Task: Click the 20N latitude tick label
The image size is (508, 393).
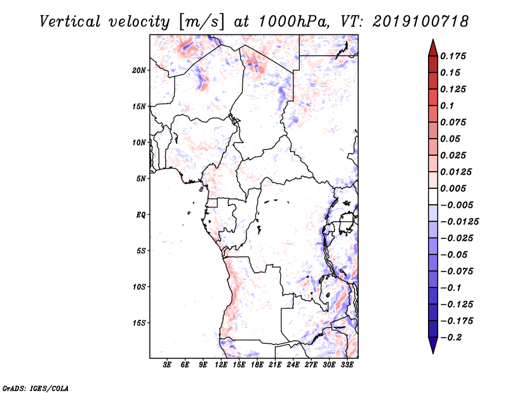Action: click(x=139, y=71)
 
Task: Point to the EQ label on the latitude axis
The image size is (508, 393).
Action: click(x=141, y=215)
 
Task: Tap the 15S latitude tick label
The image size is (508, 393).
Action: click(x=139, y=323)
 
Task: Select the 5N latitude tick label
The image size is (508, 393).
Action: click(x=141, y=179)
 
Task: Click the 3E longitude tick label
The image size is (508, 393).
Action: click(x=167, y=365)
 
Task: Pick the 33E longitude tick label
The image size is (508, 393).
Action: click(x=347, y=365)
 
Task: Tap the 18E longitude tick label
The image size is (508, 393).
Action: click(x=257, y=365)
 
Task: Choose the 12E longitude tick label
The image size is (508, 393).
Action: click(x=221, y=365)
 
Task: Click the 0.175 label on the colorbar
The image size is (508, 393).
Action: click(x=453, y=56)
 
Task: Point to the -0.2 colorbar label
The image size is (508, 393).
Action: click(x=451, y=338)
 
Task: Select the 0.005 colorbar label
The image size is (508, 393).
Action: click(x=453, y=188)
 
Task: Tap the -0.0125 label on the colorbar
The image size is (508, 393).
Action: click(x=459, y=222)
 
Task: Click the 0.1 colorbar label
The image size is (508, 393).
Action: click(x=447, y=106)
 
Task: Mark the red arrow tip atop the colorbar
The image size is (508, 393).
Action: click(x=433, y=39)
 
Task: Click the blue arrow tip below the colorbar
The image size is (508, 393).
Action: click(x=433, y=353)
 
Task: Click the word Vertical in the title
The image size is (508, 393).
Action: click(x=70, y=22)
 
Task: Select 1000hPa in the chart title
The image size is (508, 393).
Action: click(x=294, y=22)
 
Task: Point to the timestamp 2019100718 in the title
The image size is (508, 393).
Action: click(x=420, y=22)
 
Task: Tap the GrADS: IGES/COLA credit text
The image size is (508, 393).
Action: click(x=36, y=388)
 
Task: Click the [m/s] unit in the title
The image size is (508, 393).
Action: click(x=201, y=22)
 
